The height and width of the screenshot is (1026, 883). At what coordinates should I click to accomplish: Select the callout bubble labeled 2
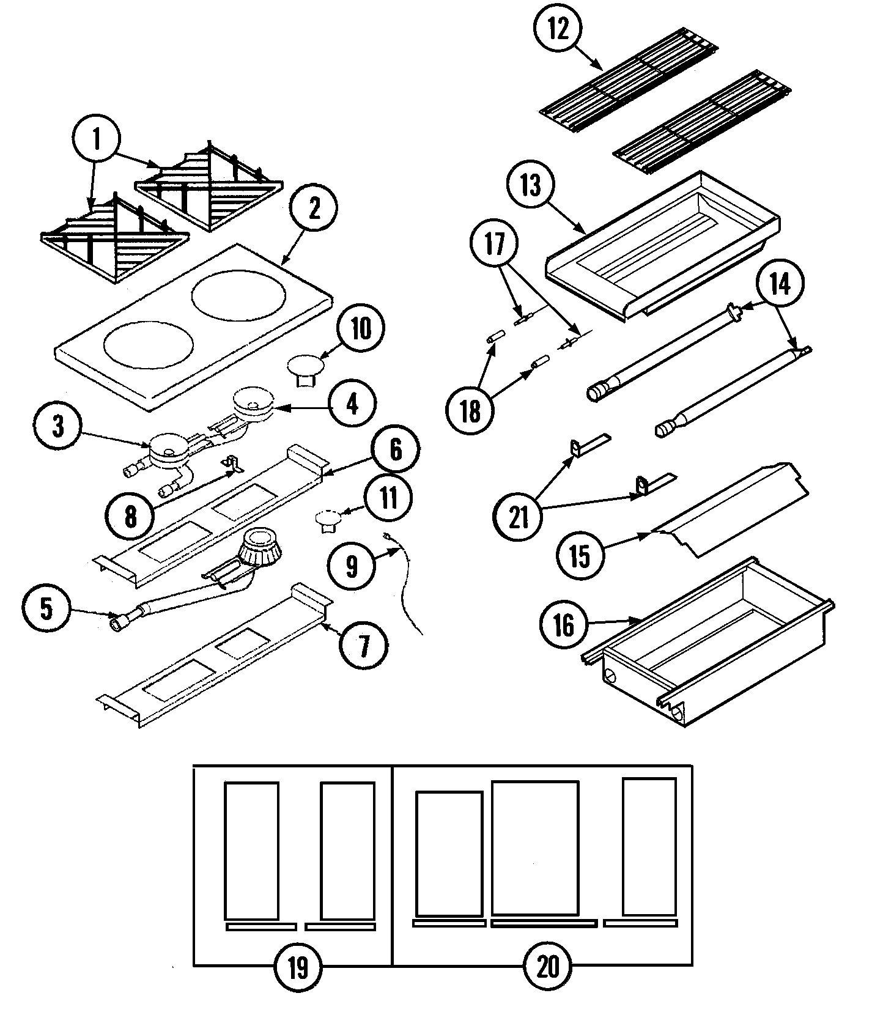(314, 210)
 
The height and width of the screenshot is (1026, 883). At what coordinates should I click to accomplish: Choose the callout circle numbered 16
(563, 625)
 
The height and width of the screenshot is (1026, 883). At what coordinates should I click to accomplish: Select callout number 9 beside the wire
(351, 566)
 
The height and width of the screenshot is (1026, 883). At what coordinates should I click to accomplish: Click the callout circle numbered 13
(531, 185)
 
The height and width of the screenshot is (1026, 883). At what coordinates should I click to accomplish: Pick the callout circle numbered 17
(495, 245)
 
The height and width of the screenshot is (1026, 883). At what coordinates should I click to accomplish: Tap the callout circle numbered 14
(780, 284)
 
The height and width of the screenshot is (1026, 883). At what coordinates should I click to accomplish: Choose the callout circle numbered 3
(58, 426)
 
